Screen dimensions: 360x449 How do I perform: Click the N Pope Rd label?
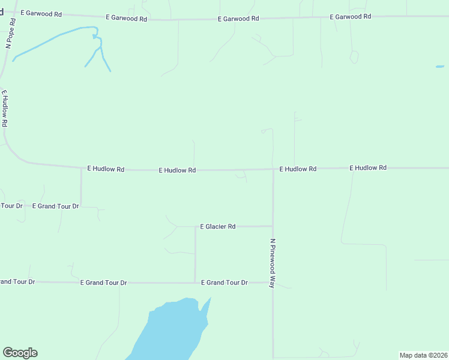click(10, 33)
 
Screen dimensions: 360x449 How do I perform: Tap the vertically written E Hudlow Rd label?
click(5, 109)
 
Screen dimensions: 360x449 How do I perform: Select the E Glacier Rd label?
click(217, 227)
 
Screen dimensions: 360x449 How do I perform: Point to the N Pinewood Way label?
click(273, 264)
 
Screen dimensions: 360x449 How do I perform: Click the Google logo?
click(20, 353)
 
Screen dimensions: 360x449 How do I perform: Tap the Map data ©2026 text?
click(423, 355)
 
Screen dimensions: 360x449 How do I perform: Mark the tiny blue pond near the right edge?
click(440, 66)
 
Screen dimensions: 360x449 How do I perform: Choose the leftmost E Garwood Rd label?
click(41, 13)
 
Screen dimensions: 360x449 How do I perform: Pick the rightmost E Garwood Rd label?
click(350, 17)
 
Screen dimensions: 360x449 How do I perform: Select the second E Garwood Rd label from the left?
click(126, 19)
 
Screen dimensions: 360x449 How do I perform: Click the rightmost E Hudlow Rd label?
click(368, 168)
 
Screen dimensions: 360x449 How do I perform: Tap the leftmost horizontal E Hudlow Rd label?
click(106, 169)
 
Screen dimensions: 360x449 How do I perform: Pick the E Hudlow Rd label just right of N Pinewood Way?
click(298, 169)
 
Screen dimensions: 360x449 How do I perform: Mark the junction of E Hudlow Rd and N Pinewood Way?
click(273, 169)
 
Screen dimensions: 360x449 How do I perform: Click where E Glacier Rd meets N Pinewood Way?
click(273, 226)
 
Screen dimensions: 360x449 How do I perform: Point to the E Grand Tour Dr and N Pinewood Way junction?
click(273, 282)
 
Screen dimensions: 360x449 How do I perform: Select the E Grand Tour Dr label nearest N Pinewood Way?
click(224, 282)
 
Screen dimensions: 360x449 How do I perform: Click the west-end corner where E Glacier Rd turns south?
click(195, 227)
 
